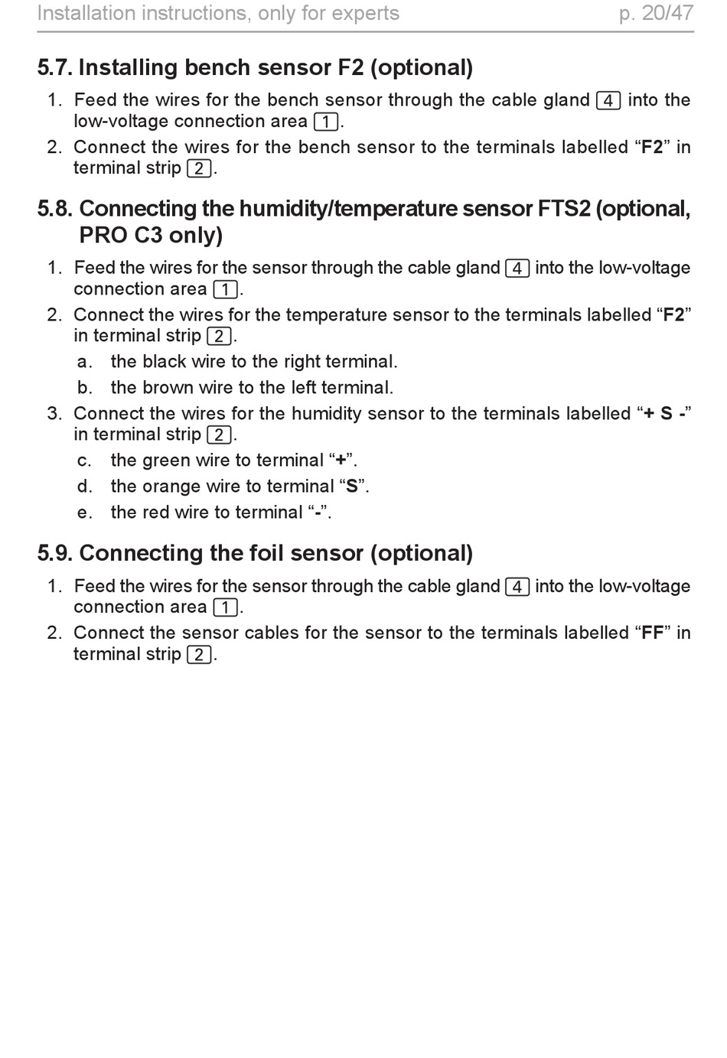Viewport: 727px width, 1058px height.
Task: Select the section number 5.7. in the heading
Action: [55, 68]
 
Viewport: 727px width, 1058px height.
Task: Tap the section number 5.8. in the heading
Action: [55, 209]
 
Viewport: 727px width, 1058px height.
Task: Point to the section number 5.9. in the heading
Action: [55, 553]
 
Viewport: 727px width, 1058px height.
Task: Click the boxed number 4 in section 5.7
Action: [608, 100]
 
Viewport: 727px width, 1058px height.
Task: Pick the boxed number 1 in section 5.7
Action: [326, 122]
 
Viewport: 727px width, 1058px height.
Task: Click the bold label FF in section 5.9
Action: [653, 633]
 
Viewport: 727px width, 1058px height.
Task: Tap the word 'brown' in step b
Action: [168, 388]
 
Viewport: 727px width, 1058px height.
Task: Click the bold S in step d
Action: [352, 487]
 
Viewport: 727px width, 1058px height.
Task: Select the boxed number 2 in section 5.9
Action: [199, 655]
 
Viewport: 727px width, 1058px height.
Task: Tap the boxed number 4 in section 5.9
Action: [517, 587]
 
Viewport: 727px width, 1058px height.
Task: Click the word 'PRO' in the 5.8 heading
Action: [103, 235]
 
